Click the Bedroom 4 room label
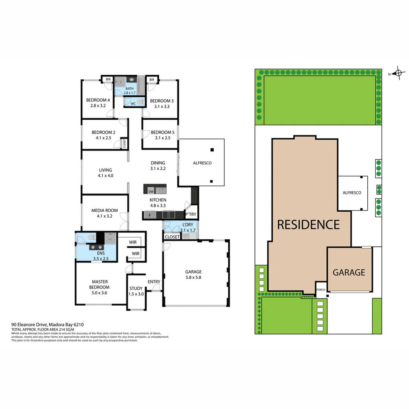click(98, 100)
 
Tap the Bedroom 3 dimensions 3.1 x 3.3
click(162, 106)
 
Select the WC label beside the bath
click(133, 103)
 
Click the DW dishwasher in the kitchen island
click(150, 191)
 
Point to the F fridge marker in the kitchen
click(150, 215)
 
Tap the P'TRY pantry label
click(190, 215)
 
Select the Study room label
click(136, 289)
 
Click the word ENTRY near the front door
click(154, 282)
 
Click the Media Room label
click(105, 211)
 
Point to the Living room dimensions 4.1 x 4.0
click(105, 176)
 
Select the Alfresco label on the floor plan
click(202, 163)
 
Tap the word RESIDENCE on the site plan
click(308, 225)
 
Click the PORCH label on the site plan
click(320, 290)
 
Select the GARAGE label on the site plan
click(349, 272)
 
